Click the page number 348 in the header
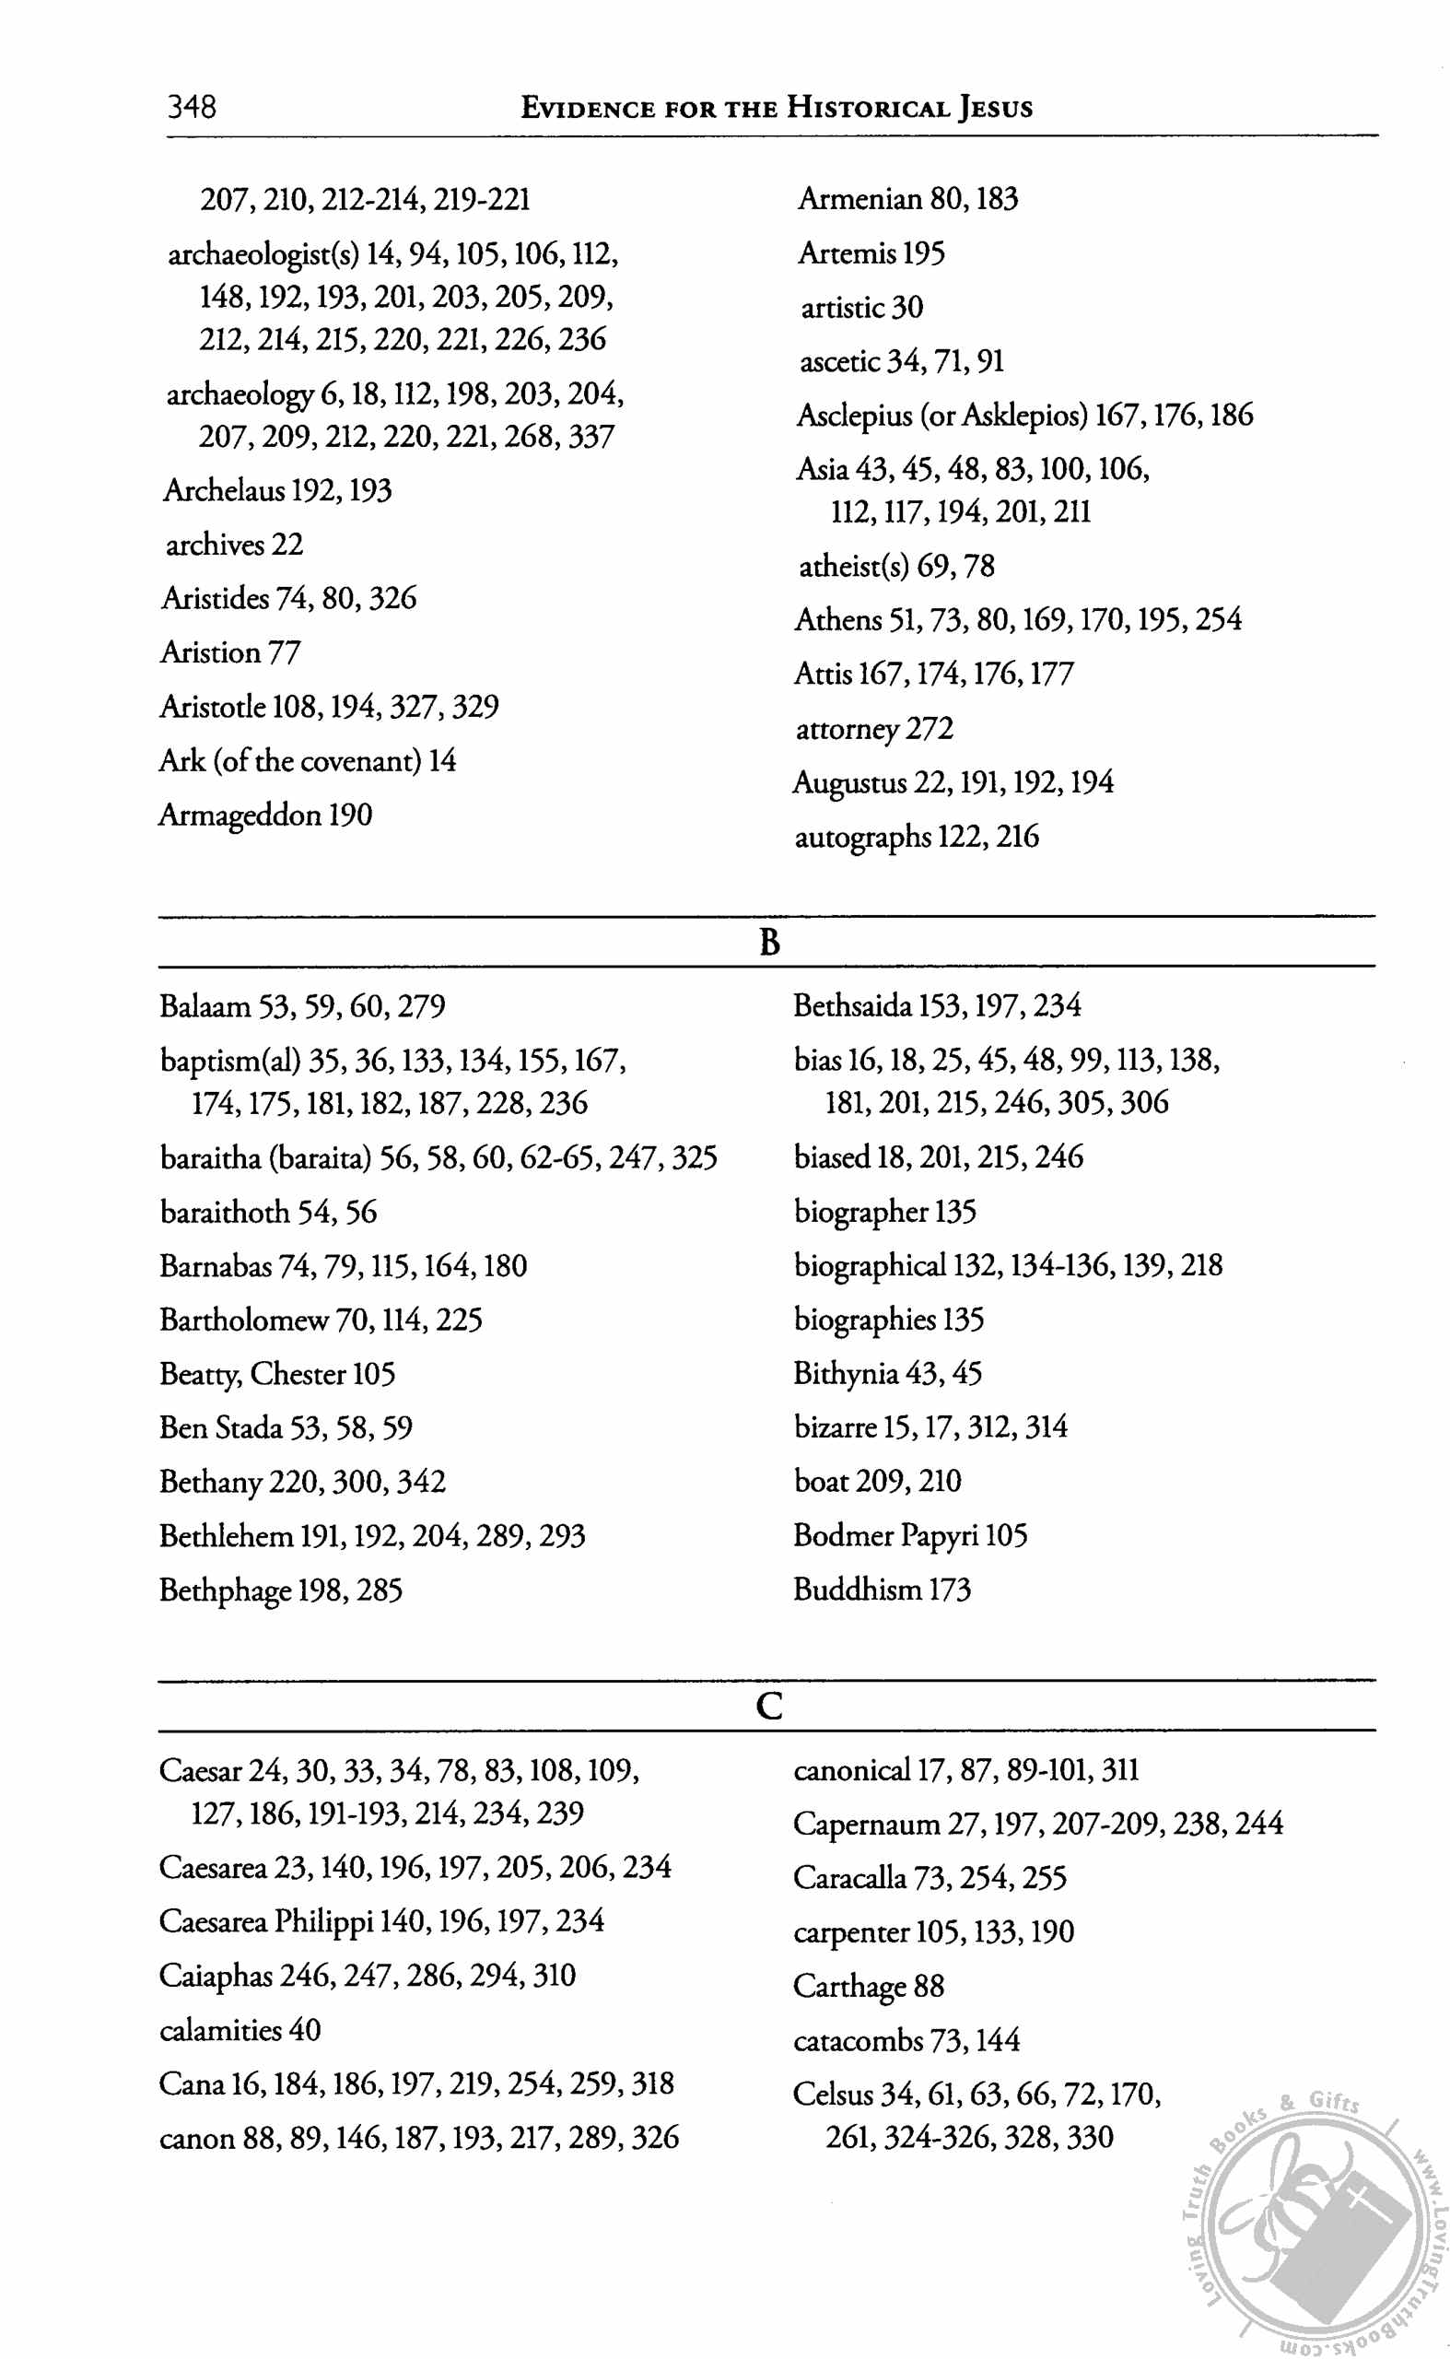point(192,106)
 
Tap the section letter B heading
point(769,942)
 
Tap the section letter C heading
point(769,1707)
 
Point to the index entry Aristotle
point(213,707)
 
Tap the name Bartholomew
point(243,1320)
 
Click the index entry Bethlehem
point(227,1536)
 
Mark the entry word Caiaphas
point(216,1976)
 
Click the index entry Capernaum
point(866,1824)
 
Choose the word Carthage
point(848,1986)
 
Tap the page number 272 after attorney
point(930,729)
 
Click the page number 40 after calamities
point(304,2030)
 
